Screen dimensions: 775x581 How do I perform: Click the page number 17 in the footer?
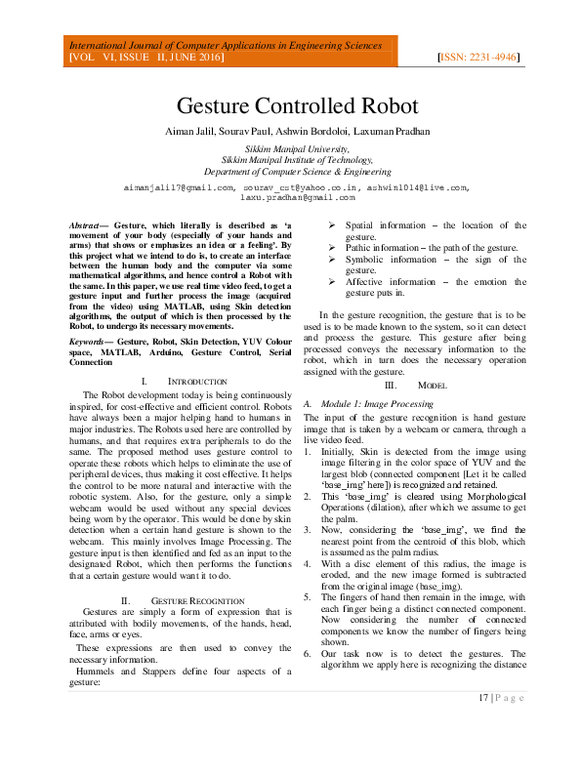(x=483, y=696)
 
